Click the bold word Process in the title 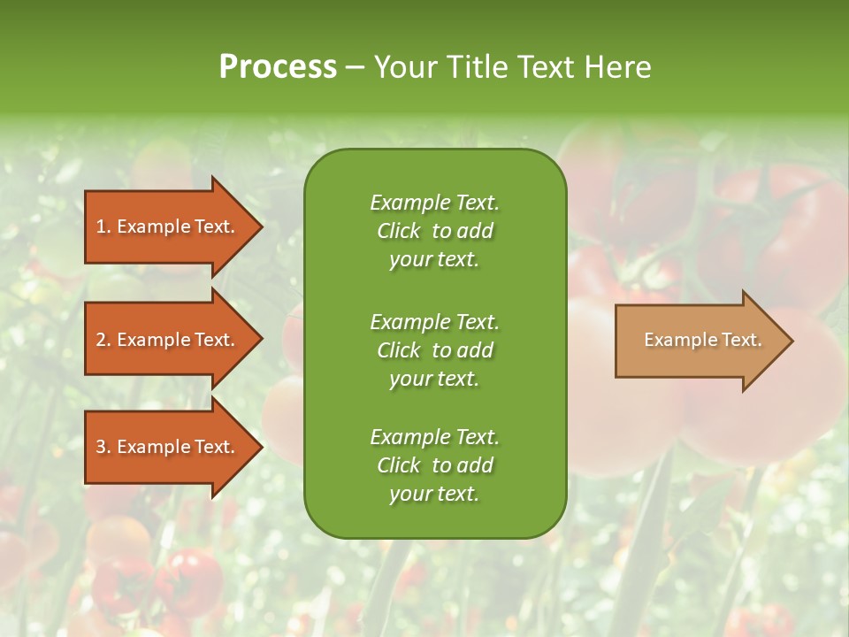click(x=278, y=67)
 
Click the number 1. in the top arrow click(x=103, y=226)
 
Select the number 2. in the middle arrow click(x=103, y=340)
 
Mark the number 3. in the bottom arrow click(x=103, y=447)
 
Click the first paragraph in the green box click(x=434, y=231)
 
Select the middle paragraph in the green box click(x=434, y=349)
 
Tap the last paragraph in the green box click(x=434, y=465)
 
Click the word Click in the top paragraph click(x=398, y=231)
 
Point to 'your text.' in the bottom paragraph click(x=434, y=495)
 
